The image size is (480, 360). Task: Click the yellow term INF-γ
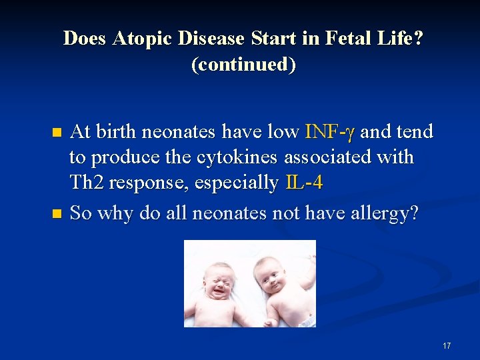(331, 132)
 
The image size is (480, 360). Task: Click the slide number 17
(446, 346)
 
